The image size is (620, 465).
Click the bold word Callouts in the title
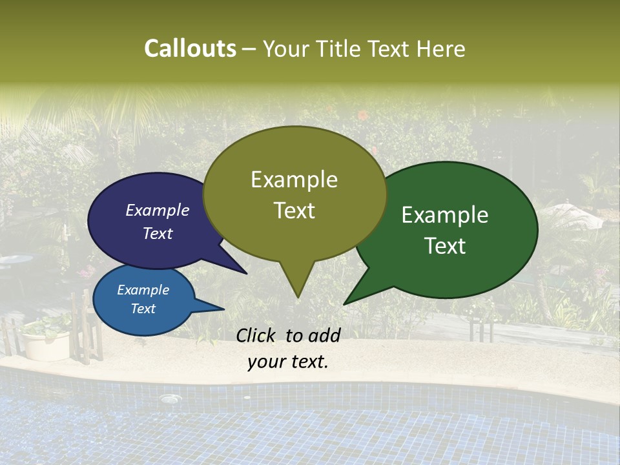[x=190, y=48]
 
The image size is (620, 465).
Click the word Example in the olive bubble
[x=294, y=180]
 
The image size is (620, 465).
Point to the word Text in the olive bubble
[x=294, y=211]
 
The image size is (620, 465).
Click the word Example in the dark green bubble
[x=445, y=215]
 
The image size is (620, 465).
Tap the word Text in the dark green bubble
[x=446, y=246]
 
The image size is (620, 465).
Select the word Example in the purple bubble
[x=157, y=210]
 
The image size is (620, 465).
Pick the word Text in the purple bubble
[x=158, y=233]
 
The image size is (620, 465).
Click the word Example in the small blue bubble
[x=143, y=290]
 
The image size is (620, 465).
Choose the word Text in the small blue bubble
[x=143, y=309]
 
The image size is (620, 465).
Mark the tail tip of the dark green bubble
[x=344, y=304]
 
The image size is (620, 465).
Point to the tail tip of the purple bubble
[x=247, y=273]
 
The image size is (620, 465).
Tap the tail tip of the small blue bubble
[x=223, y=309]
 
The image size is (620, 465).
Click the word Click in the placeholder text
[x=257, y=335]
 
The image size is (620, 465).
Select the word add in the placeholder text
[x=324, y=335]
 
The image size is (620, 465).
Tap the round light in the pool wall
[x=170, y=399]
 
